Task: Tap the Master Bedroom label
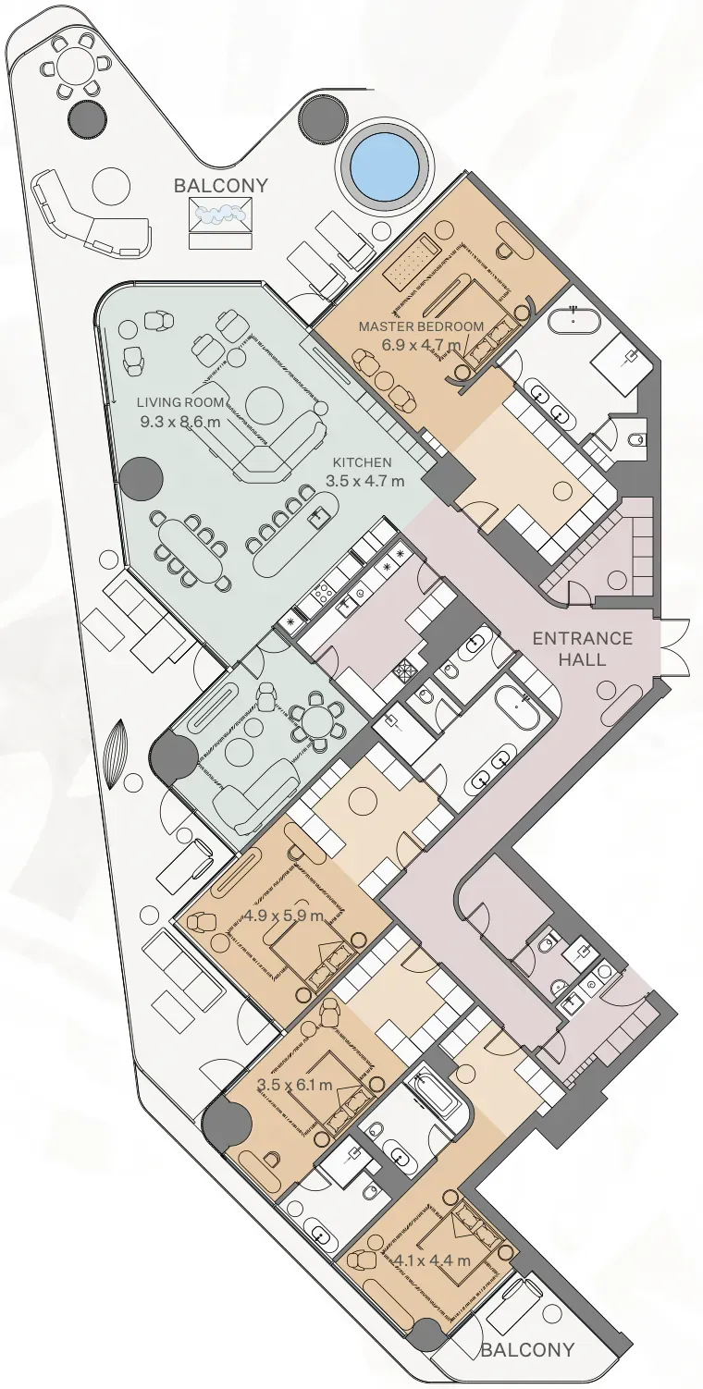[421, 326]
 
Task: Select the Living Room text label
[180, 402]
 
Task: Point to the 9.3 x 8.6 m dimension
[180, 423]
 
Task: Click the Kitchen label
[363, 462]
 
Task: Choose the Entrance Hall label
[583, 648]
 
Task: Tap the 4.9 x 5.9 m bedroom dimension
[284, 915]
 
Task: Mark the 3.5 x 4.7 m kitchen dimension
[365, 481]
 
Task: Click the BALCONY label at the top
[221, 185]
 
